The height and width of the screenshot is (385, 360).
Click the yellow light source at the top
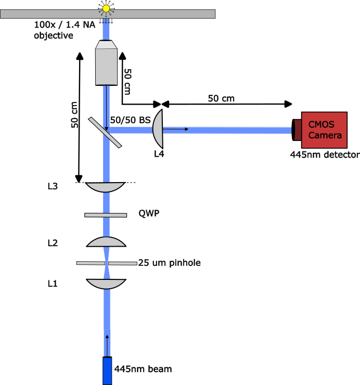tap(106, 9)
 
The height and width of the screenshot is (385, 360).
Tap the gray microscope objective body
tap(106, 63)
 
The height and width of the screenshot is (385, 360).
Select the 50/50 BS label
tap(130, 120)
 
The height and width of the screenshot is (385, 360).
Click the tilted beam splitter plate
tap(105, 133)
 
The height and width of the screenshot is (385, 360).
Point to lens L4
tap(158, 129)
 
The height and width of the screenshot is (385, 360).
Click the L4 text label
tap(159, 154)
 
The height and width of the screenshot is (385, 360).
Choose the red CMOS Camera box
tap(324, 130)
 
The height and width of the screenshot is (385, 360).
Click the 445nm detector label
tap(325, 155)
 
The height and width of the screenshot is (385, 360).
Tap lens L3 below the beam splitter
tap(106, 187)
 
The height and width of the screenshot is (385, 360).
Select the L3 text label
tap(53, 186)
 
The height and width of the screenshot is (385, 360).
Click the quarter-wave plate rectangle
tap(106, 215)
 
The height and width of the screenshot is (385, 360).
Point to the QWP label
tap(149, 213)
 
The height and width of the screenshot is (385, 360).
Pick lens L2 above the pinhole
tap(106, 242)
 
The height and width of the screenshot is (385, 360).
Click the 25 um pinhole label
tap(169, 263)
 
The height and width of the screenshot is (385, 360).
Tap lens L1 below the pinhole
tap(106, 284)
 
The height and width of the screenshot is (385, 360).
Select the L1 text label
tap(53, 284)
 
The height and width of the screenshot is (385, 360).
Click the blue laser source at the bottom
tap(107, 371)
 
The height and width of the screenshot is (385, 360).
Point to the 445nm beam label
tap(143, 369)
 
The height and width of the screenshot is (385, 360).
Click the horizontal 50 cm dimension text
tap(221, 98)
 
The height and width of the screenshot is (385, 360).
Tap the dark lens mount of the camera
tap(297, 130)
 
